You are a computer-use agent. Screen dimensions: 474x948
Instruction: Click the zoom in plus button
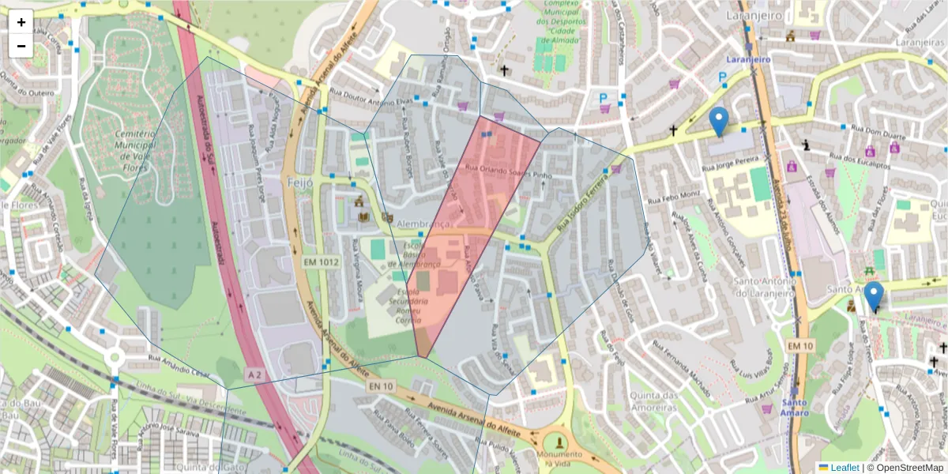(x=21, y=22)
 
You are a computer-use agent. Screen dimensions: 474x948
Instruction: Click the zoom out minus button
(x=21, y=46)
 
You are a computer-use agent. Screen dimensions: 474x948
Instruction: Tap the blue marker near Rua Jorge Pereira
(x=718, y=121)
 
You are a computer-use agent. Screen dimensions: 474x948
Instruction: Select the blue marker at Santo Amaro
(x=873, y=296)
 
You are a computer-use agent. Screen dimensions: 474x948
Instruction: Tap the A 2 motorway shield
(x=254, y=373)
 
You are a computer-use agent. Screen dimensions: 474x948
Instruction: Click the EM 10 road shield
(x=799, y=345)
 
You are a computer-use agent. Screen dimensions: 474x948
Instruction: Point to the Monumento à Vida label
(x=559, y=455)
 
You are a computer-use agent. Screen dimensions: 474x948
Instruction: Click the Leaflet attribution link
(x=845, y=468)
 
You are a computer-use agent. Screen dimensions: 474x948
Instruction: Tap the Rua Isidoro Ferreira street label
(x=585, y=201)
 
